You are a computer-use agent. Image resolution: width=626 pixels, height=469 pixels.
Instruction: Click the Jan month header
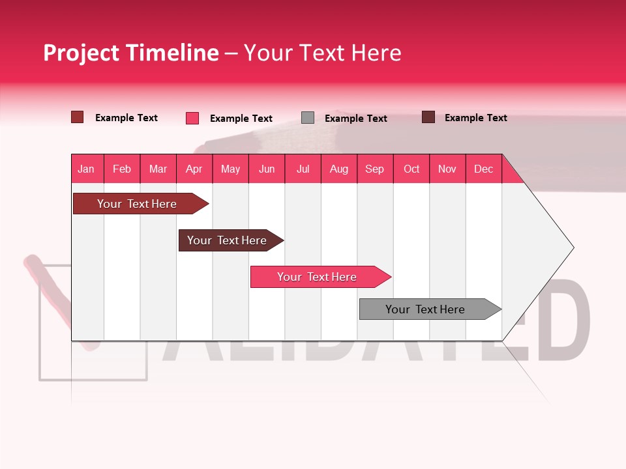[x=87, y=169]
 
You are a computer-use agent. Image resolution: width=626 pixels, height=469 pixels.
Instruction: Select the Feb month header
[x=122, y=169]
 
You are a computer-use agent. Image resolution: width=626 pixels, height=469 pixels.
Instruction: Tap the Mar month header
[x=158, y=169]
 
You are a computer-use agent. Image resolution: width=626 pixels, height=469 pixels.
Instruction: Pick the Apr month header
[x=194, y=169]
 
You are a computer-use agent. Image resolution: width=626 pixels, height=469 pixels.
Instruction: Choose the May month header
[x=230, y=169]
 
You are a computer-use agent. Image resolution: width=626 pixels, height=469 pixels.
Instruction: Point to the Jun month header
[x=267, y=169]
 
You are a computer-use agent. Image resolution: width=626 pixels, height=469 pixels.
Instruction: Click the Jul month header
[x=303, y=169]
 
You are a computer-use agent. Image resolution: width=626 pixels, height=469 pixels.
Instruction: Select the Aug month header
[x=339, y=169]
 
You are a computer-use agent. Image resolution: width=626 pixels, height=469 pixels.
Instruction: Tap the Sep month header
[x=375, y=169]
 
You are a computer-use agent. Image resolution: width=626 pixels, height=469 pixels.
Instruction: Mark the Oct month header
[x=411, y=169]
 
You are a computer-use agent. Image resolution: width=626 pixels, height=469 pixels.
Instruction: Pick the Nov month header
[x=447, y=169]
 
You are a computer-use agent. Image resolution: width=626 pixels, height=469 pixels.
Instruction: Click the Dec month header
[x=484, y=169]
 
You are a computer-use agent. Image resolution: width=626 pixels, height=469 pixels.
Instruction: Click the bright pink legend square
[x=192, y=118]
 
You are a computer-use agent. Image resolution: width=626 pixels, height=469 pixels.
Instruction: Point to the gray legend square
[x=308, y=118]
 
